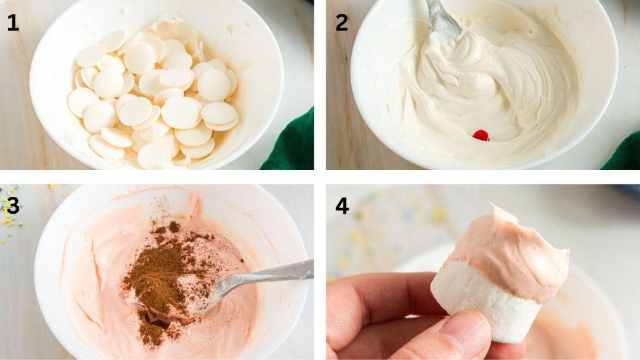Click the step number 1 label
click(12, 23)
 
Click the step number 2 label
click(342, 23)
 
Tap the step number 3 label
click(12, 206)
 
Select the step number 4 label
click(342, 206)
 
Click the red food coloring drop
click(481, 135)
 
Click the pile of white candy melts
click(156, 94)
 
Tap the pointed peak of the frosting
click(494, 207)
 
